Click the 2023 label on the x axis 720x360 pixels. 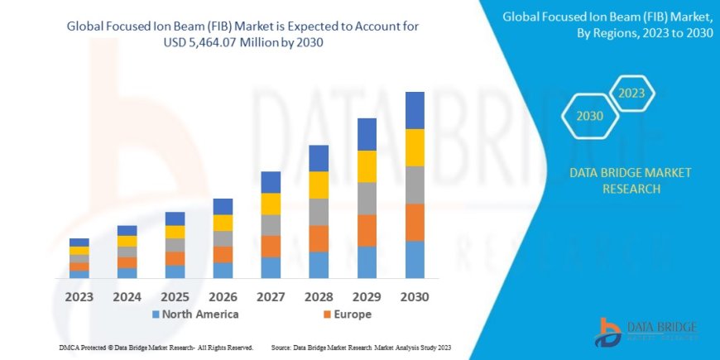pyautogui.click(x=79, y=296)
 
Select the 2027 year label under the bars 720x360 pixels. pyautogui.click(x=271, y=296)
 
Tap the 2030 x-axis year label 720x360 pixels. pyautogui.click(x=415, y=296)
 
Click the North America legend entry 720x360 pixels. pyautogui.click(x=195, y=314)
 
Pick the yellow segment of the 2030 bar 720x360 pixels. pyautogui.click(x=415, y=147)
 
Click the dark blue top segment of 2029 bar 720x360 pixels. pyautogui.click(x=367, y=134)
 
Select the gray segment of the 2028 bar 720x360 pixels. pyautogui.click(x=319, y=212)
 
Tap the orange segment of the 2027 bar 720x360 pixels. pyautogui.click(x=271, y=246)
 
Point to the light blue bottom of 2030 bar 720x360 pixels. pyautogui.click(x=415, y=259)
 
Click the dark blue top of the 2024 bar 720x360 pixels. pyautogui.click(x=127, y=230)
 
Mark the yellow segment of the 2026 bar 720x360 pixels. pyautogui.click(x=223, y=223)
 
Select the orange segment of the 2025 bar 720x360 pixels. pyautogui.click(x=175, y=258)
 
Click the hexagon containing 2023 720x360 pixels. pyautogui.click(x=631, y=94)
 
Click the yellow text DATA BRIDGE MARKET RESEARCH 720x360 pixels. pyautogui.click(x=631, y=180)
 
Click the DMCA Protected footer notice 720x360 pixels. pyautogui.click(x=156, y=348)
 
